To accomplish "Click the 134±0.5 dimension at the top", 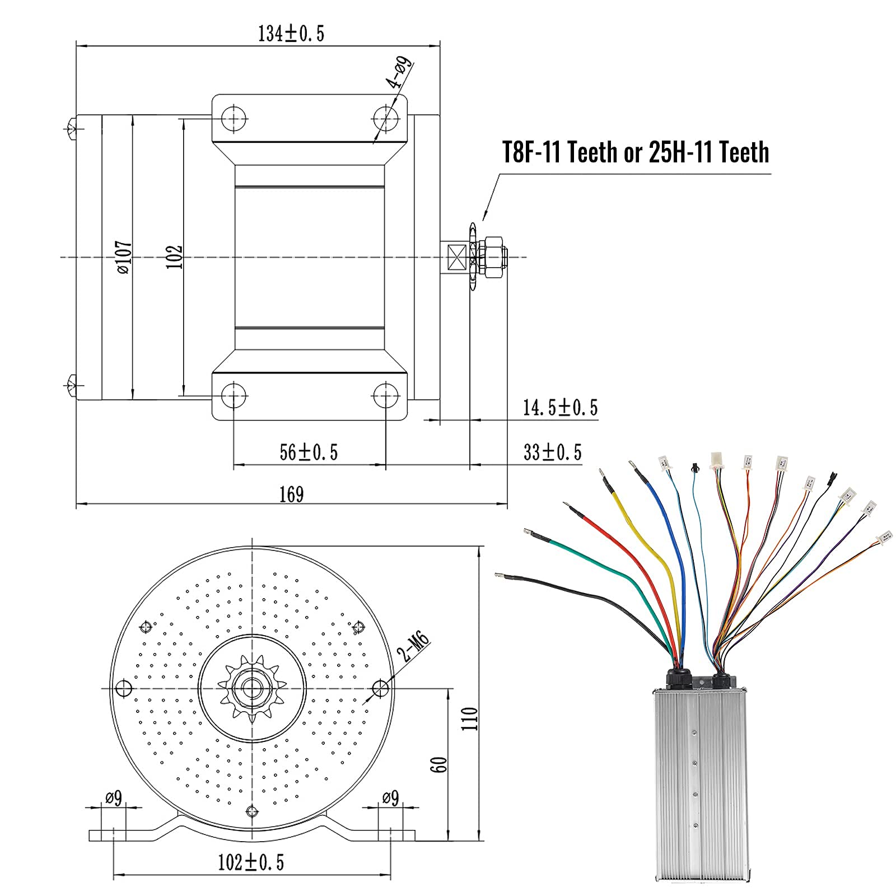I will (x=291, y=34).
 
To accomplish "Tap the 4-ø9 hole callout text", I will (x=399, y=73).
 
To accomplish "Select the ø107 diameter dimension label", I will (x=124, y=257).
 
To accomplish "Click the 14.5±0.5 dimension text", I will (x=560, y=408).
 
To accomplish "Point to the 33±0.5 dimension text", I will (x=552, y=452).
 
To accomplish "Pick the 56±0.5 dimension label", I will (x=309, y=452).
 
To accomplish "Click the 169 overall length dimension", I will (x=291, y=494).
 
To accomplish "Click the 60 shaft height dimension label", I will (x=439, y=764).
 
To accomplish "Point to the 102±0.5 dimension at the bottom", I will (x=250, y=862).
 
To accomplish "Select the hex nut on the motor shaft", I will (x=493, y=257).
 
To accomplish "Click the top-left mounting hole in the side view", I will (x=234, y=118).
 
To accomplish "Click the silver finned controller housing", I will (x=700, y=784).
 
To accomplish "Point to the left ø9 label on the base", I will (x=114, y=797).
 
